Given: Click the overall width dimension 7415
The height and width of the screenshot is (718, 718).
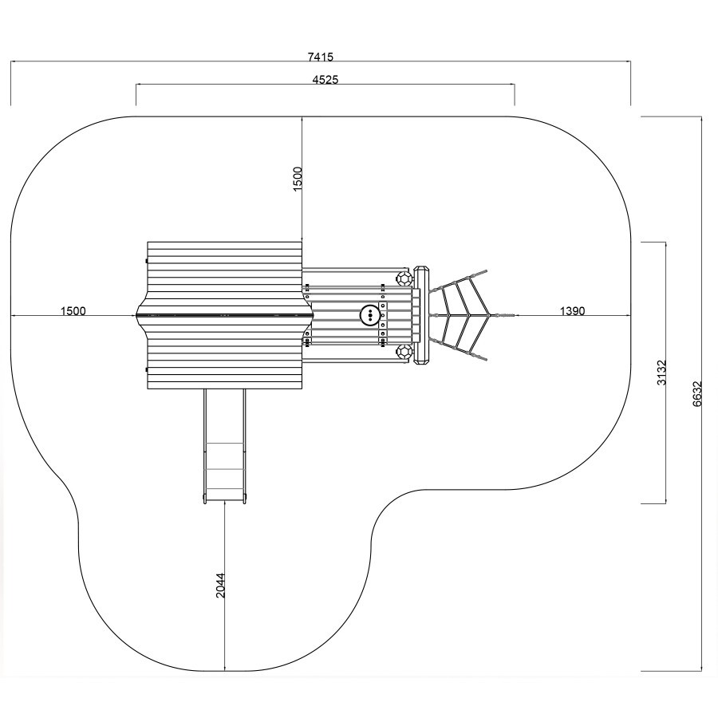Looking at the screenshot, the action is [321, 57].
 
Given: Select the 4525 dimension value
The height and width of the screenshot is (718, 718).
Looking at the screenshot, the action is [325, 80].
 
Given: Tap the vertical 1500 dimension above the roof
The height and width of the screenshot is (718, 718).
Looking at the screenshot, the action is [298, 179].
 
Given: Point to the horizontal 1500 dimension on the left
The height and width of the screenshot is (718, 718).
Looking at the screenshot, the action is [73, 311].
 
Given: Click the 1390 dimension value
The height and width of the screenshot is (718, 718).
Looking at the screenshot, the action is [572, 311].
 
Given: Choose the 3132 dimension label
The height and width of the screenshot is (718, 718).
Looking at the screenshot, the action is [661, 373].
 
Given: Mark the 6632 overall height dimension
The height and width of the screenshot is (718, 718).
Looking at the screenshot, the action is [697, 394].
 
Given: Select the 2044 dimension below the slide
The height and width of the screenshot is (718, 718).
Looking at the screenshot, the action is [221, 586].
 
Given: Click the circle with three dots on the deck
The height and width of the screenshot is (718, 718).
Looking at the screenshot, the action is [369, 315].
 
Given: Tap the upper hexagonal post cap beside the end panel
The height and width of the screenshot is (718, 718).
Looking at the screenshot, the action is [404, 278].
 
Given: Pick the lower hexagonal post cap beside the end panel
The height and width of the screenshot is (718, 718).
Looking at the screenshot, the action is [404, 353].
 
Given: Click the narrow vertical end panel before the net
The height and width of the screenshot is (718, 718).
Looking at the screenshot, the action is [421, 315].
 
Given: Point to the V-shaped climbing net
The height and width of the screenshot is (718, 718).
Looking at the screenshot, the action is [458, 315].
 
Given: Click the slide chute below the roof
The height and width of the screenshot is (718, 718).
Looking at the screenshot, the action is [225, 447].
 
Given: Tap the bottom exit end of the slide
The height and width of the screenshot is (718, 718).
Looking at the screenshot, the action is [225, 500].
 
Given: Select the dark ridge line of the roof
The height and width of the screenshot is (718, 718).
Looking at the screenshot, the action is [224, 315].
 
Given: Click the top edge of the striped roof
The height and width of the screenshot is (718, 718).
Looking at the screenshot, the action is [224, 242].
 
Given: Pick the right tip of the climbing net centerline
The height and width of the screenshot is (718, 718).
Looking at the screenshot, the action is [515, 315].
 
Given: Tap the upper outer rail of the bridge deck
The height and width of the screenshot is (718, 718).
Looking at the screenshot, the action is [355, 269].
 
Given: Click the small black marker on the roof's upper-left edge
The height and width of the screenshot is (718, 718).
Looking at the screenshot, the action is [146, 261].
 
